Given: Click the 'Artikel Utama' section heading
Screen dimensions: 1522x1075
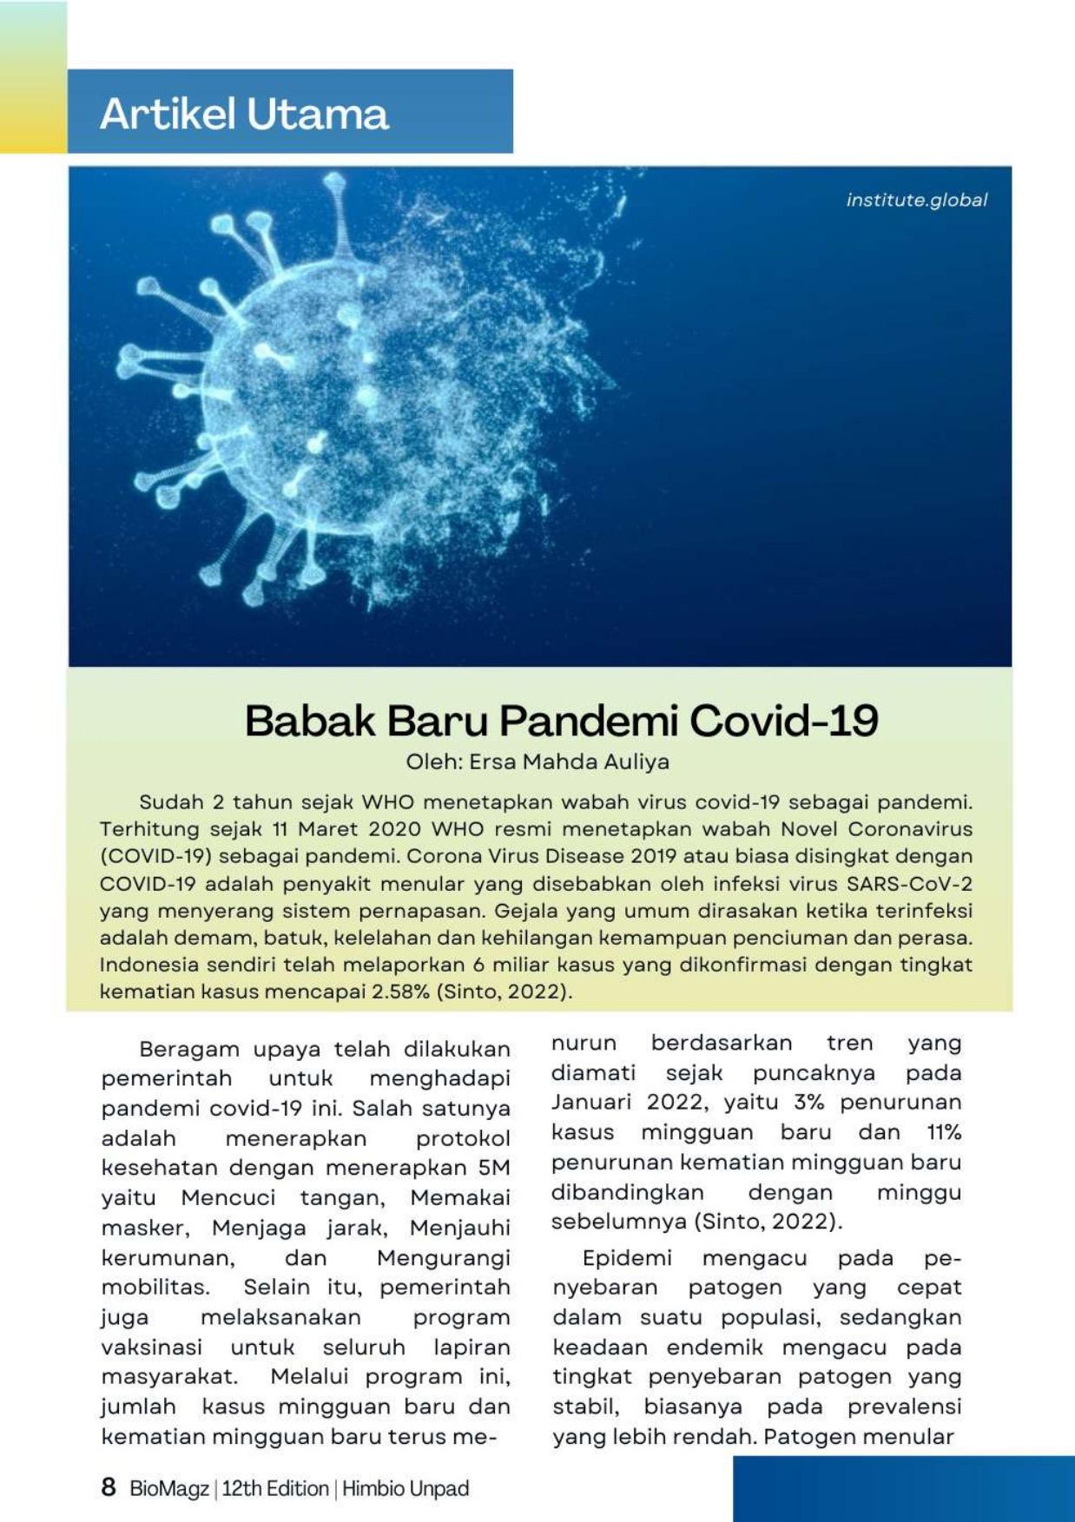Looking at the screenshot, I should pos(244,114).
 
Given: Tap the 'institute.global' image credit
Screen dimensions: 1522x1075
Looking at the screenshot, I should pos(916,200).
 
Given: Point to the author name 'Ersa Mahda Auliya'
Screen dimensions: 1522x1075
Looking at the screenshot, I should pos(569,762).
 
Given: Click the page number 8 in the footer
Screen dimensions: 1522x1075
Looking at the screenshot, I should pos(109,1487).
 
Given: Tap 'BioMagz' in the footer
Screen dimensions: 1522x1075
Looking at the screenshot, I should pos(169,1488).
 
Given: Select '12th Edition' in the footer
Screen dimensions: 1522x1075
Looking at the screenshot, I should pos(275,1488).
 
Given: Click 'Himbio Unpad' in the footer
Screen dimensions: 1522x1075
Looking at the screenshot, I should pos(406,1488).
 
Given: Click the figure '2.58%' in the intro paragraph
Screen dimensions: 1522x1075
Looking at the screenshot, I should pos(400,992).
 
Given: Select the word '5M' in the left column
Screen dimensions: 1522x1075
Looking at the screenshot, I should pos(493,1168).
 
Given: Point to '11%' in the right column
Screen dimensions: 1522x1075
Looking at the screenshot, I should pos(944,1132).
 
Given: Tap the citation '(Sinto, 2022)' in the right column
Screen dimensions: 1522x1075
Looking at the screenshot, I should pos(768,1222).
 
